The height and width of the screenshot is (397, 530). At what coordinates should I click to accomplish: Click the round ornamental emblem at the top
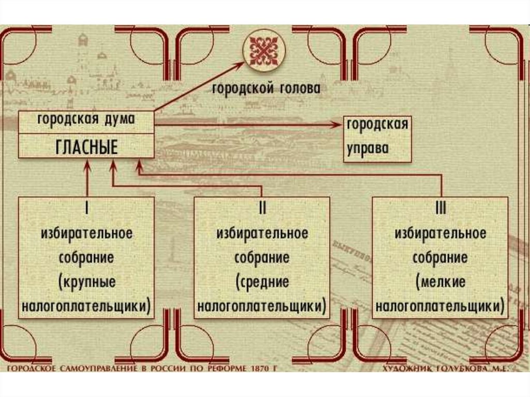(x=265, y=51)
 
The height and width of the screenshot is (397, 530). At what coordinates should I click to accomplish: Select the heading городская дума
(x=86, y=119)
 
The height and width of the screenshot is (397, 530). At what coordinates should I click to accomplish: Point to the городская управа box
(x=378, y=139)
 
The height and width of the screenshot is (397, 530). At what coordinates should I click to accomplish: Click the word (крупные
(x=86, y=282)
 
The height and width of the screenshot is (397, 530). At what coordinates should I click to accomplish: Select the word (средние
(x=262, y=282)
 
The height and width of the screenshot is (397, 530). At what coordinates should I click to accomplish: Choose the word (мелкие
(x=440, y=282)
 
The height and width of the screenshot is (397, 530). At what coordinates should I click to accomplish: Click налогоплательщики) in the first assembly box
(x=86, y=306)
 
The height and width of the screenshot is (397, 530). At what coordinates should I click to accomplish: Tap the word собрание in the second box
(x=262, y=257)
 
